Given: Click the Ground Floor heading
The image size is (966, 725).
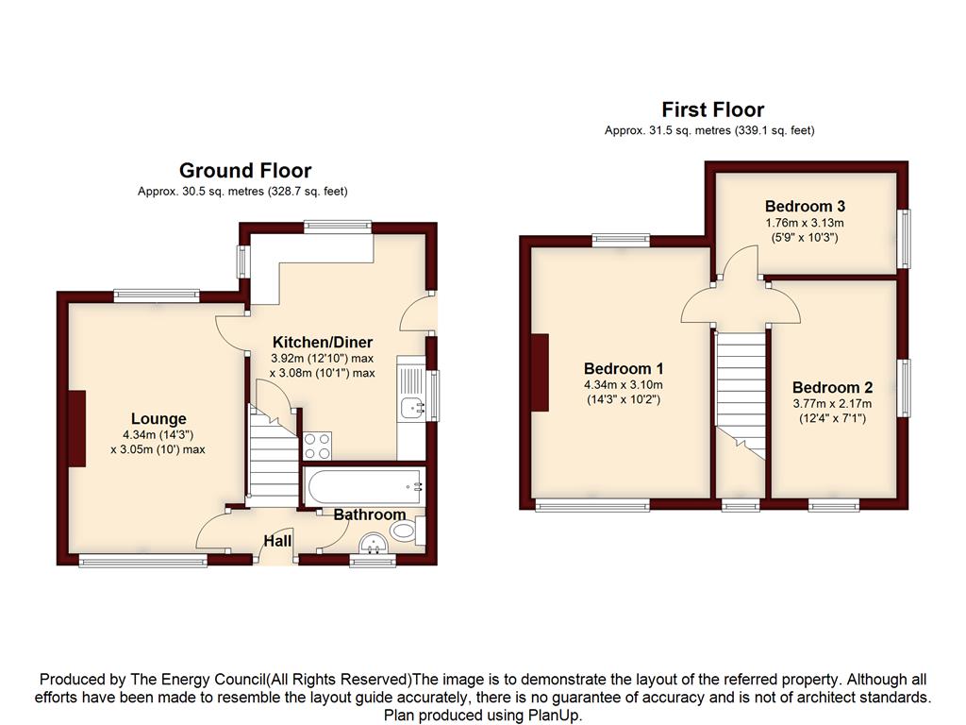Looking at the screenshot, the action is (x=245, y=170).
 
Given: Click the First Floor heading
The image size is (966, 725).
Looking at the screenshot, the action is (x=713, y=110).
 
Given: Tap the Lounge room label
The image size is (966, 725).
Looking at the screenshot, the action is (x=158, y=418).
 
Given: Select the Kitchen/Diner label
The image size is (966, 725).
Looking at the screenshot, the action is (x=323, y=342).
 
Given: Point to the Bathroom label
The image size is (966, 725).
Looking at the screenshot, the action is (x=370, y=514).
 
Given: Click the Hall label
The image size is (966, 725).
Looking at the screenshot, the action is (x=277, y=541).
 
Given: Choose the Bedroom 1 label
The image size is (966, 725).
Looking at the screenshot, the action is (x=624, y=369).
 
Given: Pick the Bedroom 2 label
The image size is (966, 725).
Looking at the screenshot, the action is (x=832, y=387).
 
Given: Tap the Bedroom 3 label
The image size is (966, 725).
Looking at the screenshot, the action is (x=805, y=206).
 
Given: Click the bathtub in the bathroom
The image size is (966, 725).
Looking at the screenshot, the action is (x=362, y=486).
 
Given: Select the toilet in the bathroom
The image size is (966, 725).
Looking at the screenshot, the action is (x=408, y=531).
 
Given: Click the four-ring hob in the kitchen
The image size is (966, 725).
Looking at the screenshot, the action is (x=317, y=446).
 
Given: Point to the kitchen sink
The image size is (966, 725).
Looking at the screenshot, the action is (x=411, y=407).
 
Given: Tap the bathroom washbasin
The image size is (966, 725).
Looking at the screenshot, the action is (x=374, y=543).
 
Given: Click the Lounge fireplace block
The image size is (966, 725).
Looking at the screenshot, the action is (x=77, y=429).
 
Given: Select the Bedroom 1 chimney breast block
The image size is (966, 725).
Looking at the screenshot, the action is (x=540, y=372).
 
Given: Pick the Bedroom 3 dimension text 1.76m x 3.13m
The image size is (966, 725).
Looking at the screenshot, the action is (x=805, y=223).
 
